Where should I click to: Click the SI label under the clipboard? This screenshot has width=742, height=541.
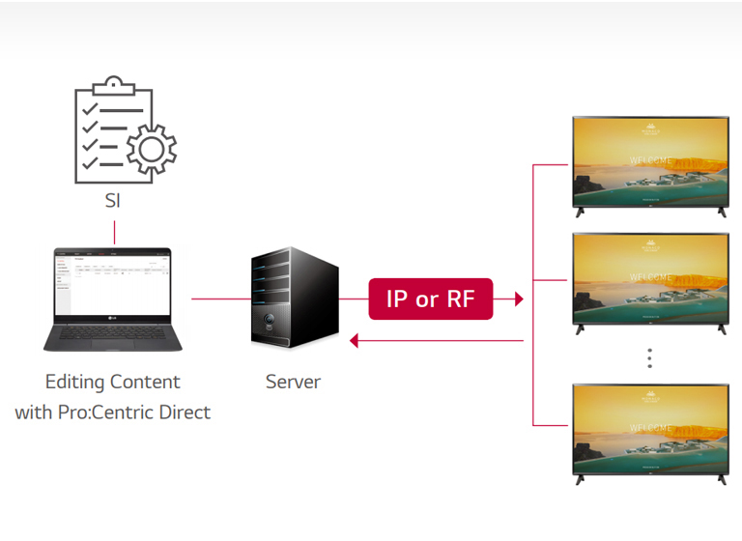[114, 202]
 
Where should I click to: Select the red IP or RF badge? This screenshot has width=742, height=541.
[431, 299]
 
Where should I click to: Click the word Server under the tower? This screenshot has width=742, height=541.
[293, 382]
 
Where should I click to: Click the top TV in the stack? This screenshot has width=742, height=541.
[649, 161]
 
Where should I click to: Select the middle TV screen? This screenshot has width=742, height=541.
[649, 279]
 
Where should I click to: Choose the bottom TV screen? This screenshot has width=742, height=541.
[649, 429]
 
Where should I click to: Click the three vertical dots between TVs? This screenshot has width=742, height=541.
[649, 358]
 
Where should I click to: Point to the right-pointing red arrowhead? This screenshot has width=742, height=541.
[519, 299]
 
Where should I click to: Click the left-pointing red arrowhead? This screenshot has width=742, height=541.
[355, 340]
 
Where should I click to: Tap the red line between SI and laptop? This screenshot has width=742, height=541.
[114, 232]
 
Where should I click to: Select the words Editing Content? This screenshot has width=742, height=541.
[112, 382]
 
